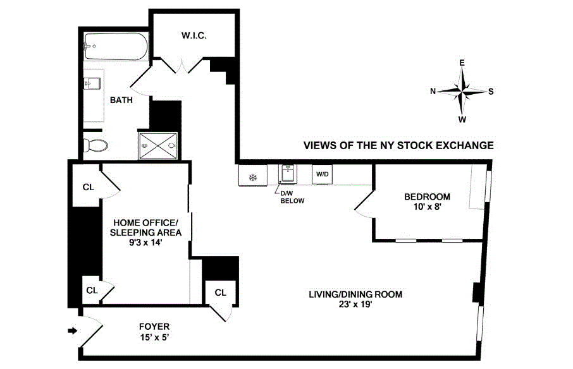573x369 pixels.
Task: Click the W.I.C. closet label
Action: click(x=194, y=35)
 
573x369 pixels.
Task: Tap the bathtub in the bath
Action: click(x=116, y=46)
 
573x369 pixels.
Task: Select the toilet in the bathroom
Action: click(x=95, y=145)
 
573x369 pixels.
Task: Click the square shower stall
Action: click(x=158, y=145)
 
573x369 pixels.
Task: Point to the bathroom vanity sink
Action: click(x=92, y=83)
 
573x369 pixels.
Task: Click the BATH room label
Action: click(x=121, y=100)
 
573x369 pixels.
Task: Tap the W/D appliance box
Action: click(x=322, y=174)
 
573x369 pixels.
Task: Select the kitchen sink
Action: click(x=288, y=173)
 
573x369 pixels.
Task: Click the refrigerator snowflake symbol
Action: click(x=252, y=178)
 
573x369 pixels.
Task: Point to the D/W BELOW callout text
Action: click(x=292, y=197)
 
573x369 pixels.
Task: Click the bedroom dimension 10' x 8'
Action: click(x=427, y=207)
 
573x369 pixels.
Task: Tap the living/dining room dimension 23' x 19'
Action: click(x=355, y=304)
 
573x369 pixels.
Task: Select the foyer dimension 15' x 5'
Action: click(x=154, y=337)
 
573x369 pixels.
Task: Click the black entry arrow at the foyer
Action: click(x=73, y=330)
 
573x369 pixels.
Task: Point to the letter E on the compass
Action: click(x=462, y=63)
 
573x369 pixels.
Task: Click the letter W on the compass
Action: click(x=462, y=119)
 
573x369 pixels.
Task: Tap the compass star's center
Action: click(x=462, y=91)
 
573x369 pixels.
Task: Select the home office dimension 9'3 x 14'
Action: click(x=145, y=242)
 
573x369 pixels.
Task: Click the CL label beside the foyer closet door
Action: click(x=220, y=293)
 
